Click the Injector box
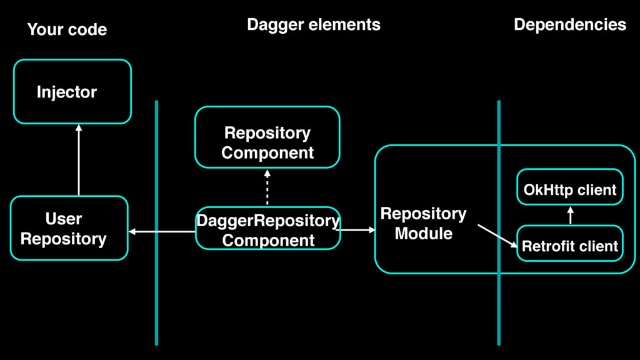click(x=72, y=91)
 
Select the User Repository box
click(x=69, y=228)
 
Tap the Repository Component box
click(x=267, y=137)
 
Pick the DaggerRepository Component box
click(x=267, y=229)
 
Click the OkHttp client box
click(x=570, y=187)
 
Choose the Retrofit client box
click(x=570, y=243)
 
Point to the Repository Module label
click(x=423, y=223)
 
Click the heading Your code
click(x=67, y=29)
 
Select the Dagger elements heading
click(x=314, y=25)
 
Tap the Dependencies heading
click(x=570, y=24)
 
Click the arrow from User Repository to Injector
click(x=79, y=160)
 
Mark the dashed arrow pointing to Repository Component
click(x=267, y=187)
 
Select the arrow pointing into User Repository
click(x=162, y=231)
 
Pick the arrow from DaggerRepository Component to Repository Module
click(x=358, y=230)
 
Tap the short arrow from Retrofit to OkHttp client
click(x=570, y=215)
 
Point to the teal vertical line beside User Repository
click(x=156, y=223)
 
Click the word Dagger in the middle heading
click(x=272, y=25)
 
